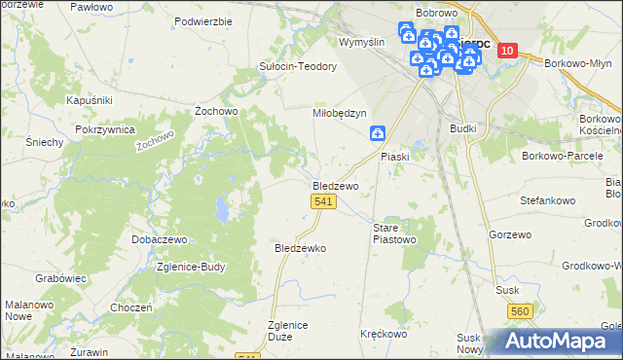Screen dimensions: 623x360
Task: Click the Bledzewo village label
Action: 336,185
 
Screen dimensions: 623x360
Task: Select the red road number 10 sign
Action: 506,52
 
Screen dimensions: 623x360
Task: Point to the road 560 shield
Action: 521,311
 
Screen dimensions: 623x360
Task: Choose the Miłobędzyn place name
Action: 339,113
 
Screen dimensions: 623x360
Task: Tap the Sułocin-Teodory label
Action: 297,66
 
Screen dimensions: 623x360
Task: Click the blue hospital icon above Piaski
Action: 378,133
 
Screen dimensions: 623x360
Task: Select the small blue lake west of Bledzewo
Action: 223,207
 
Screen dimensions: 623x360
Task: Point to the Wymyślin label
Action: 362,42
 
